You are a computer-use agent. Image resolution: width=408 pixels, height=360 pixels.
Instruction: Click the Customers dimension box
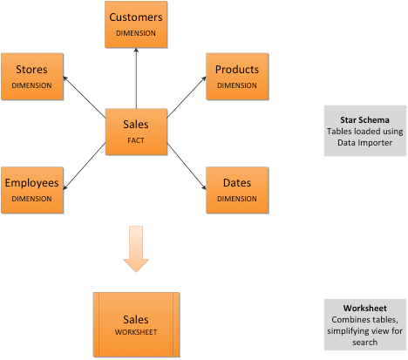pos(135,24)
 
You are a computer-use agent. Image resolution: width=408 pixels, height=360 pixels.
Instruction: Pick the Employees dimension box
pos(31,189)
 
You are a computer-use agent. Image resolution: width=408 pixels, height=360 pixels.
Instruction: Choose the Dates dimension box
pos(236,189)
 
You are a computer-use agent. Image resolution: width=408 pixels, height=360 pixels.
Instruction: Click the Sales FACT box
pos(135,132)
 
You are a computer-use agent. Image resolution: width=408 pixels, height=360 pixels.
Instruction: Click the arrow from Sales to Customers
pos(135,78)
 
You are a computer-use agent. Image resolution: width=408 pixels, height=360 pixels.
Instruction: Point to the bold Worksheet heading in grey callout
pos(364,308)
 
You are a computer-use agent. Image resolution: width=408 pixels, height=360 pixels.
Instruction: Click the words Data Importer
pos(364,142)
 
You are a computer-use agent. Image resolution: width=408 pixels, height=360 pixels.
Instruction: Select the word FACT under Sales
pos(135,139)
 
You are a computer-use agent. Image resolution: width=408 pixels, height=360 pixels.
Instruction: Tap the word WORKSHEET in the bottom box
pos(135,332)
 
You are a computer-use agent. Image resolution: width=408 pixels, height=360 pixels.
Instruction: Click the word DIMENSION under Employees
pos(31,199)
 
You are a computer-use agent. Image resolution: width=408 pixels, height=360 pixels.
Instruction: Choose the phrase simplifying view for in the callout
pos(364,333)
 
